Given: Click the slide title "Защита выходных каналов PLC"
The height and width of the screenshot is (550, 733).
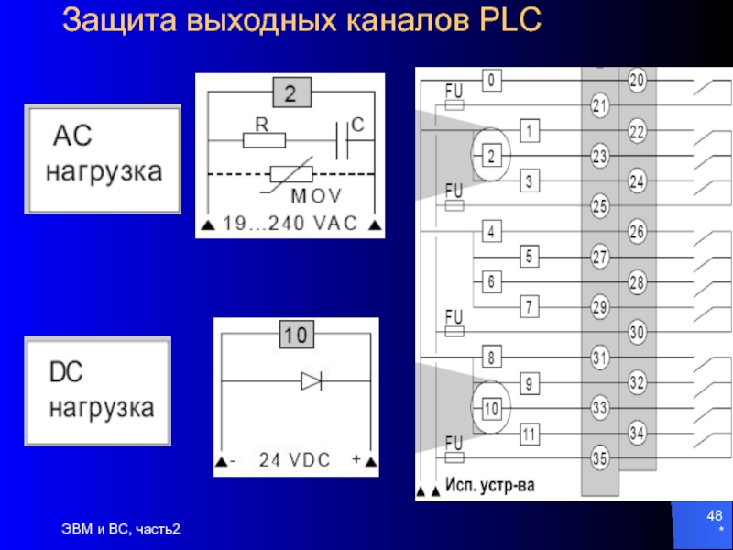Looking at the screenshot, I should tap(301, 19).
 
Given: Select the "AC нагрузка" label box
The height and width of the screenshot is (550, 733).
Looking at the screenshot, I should tap(103, 158).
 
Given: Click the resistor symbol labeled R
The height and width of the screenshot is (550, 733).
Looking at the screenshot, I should tap(264, 140).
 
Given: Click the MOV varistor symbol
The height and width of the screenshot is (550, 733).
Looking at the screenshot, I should tap(291, 176).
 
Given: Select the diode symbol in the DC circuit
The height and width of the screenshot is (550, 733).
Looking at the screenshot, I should tap(312, 381).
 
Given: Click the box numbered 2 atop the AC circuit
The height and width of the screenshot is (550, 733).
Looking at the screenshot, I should tap(291, 92).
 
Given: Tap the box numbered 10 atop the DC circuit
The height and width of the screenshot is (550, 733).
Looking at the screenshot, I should tap(294, 336).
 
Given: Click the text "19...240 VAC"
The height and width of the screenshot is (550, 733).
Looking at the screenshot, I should tap(289, 222).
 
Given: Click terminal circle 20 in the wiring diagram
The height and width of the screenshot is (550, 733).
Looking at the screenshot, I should tap(637, 82).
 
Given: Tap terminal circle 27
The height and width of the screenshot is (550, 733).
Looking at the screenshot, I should tap(600, 258).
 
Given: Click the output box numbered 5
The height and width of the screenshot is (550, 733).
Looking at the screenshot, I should tap(529, 257).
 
